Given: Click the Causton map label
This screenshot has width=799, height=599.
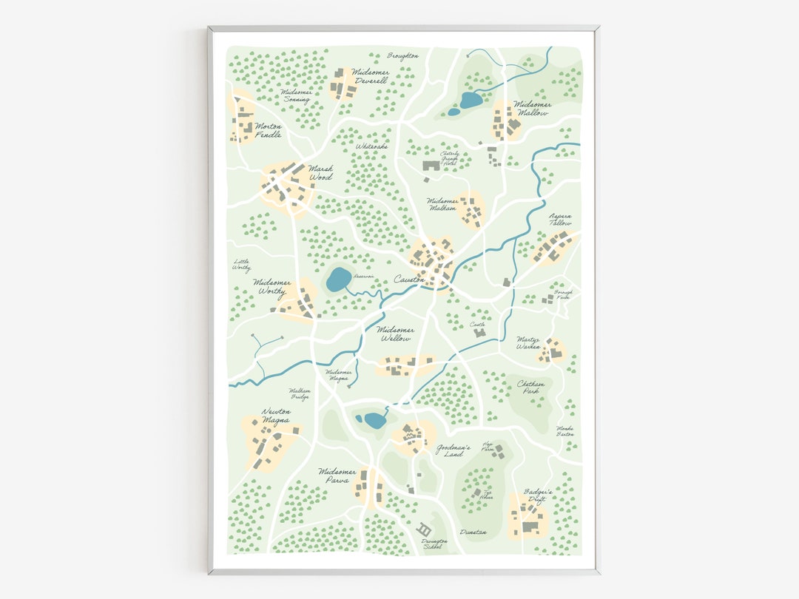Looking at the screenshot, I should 409,280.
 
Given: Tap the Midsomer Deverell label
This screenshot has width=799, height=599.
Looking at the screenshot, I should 371,76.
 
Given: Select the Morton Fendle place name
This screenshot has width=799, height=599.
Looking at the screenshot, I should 268,131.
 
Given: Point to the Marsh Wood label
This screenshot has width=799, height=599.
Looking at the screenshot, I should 320,172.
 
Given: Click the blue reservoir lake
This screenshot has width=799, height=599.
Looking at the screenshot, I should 339,280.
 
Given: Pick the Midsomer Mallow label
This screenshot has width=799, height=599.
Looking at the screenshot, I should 533,109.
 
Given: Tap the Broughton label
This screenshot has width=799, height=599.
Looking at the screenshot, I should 402,55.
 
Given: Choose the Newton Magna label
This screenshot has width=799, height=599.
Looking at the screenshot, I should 276,416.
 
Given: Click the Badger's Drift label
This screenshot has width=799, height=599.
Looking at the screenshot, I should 538,495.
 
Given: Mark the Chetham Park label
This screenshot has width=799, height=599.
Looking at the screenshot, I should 533,388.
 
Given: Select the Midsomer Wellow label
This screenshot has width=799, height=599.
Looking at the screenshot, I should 396,334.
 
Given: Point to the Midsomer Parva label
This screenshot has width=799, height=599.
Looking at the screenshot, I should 337,476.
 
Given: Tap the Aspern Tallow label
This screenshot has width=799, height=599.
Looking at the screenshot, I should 560,220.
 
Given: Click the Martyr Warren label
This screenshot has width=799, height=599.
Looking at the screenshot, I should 529,342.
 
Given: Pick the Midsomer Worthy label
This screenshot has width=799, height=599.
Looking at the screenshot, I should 272,286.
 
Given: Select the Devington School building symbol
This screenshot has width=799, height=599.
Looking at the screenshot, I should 425,529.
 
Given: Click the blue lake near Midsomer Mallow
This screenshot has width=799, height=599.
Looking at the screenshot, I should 471,100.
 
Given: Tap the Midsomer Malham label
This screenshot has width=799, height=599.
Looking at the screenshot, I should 442,204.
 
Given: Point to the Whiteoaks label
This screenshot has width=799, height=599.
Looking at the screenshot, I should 371,146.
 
